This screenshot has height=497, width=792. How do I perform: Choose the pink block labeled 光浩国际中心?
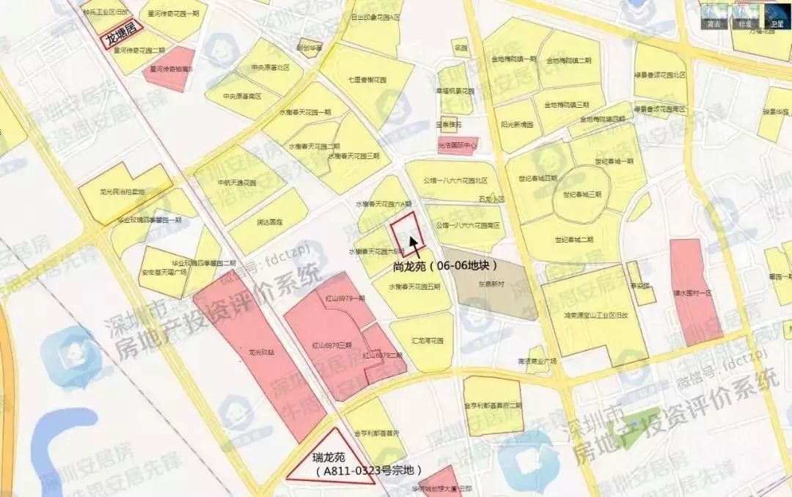457,145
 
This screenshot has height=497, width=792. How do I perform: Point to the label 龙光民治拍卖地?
122,192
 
